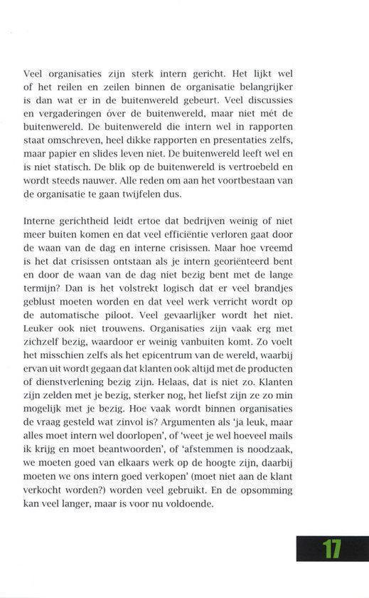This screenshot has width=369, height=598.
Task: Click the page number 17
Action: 331,549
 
